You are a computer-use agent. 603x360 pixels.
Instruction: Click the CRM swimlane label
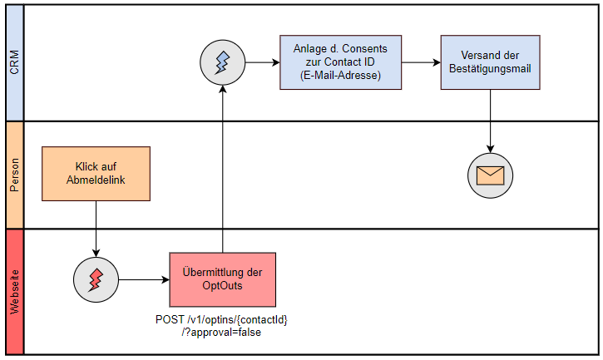tap(14, 63)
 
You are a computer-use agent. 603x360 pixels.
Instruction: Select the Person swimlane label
tap(14, 175)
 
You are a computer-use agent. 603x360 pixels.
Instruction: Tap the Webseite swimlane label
tap(14, 291)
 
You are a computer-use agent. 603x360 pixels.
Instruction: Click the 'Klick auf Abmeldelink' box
tap(96, 174)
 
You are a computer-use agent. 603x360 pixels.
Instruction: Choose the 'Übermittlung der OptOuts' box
tap(222, 279)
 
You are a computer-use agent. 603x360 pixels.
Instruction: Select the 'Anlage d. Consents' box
tap(340, 62)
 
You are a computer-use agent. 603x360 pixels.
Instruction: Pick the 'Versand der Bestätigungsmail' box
tap(490, 62)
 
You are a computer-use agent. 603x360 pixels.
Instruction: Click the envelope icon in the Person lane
tap(490, 175)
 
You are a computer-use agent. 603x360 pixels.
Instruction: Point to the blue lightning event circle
tap(222, 62)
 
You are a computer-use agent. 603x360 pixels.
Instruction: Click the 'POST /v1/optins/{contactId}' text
tap(222, 320)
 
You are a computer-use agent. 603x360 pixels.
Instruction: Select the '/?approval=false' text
tap(222, 333)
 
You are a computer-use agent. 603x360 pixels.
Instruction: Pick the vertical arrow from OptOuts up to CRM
tap(222, 166)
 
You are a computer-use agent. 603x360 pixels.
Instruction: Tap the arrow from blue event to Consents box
tap(261, 62)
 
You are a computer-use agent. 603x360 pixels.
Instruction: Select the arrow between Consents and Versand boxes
tap(420, 62)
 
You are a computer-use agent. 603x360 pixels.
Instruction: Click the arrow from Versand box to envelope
tap(490, 121)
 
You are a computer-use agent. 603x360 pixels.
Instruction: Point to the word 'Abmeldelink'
tap(96, 180)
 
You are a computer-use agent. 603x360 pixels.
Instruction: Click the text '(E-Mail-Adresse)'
tap(340, 76)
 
